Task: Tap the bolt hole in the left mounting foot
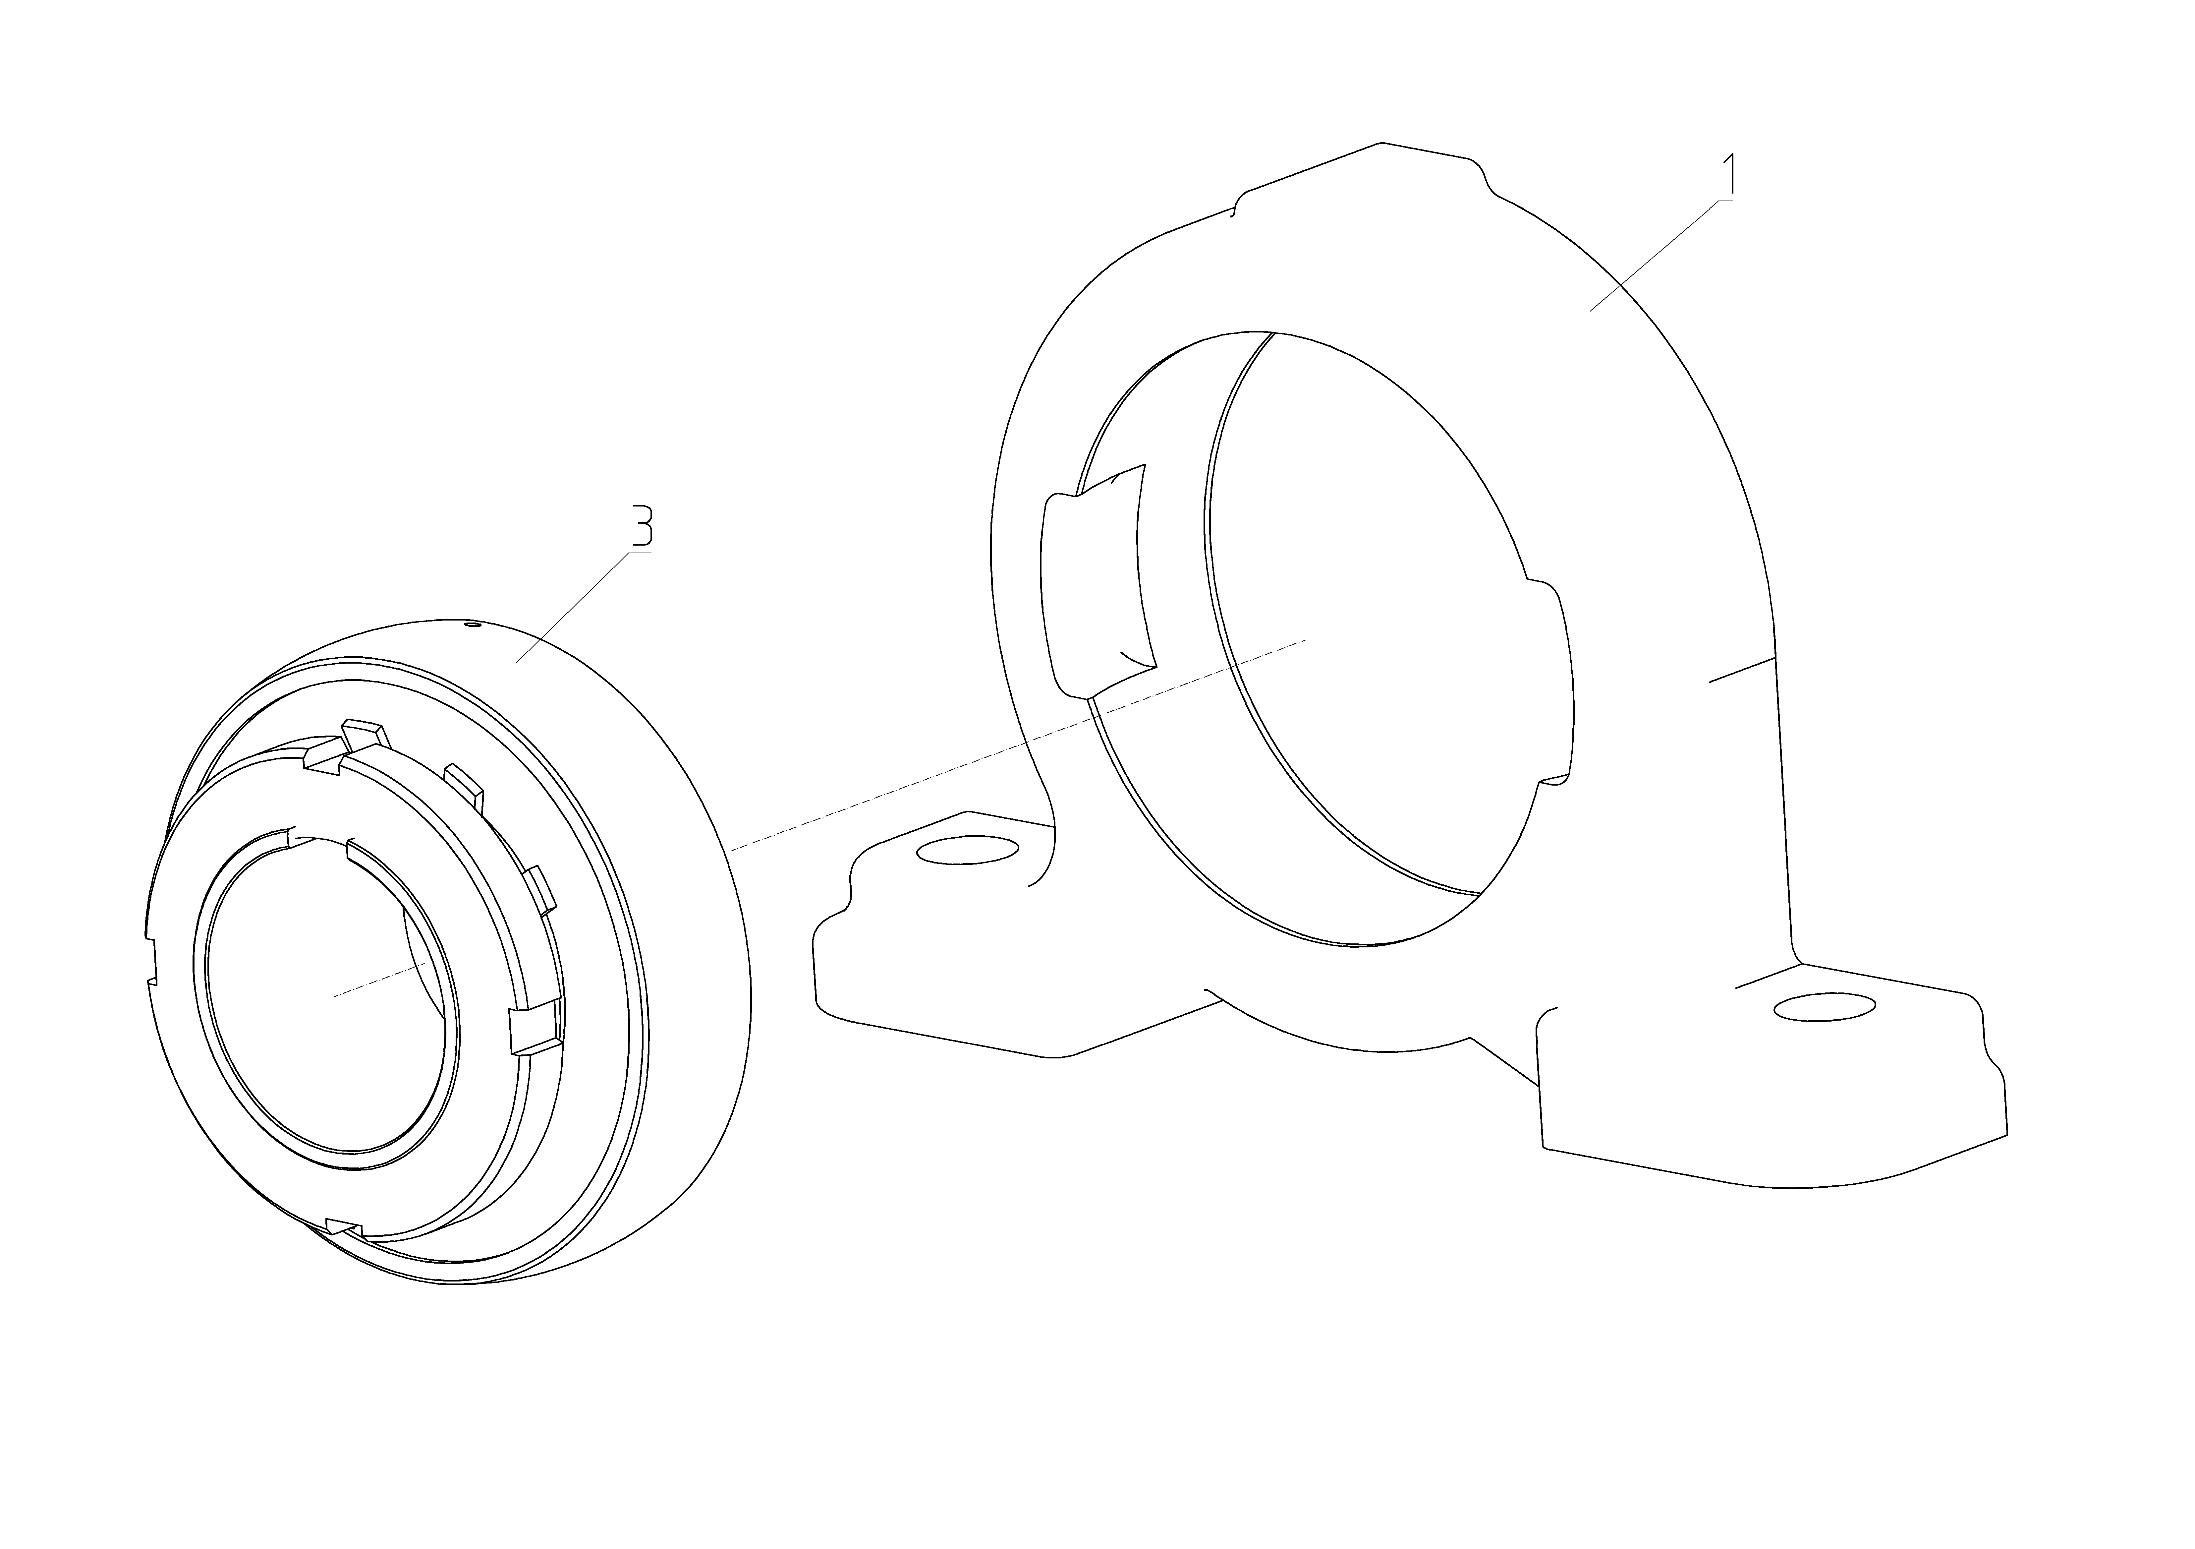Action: point(968,849)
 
